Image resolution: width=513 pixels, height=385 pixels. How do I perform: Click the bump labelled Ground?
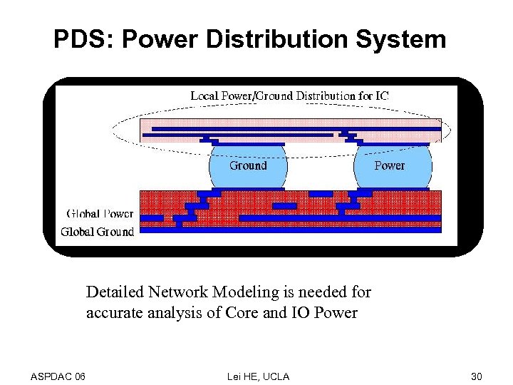coord(248,166)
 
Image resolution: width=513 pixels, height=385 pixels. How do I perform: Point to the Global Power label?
coord(100,213)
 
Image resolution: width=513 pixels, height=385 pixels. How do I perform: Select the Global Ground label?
coord(97,231)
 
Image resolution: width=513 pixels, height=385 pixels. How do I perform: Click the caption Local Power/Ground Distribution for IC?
coord(289,96)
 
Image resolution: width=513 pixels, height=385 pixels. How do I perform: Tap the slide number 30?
coord(476,376)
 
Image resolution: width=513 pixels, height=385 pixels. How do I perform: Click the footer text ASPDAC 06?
coord(58,376)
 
